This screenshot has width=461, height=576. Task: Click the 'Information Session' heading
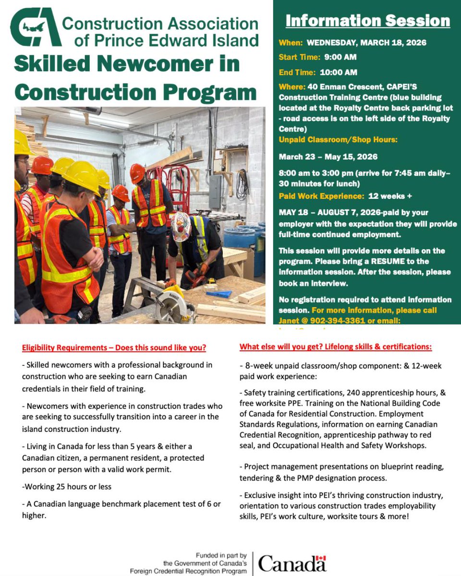(367, 21)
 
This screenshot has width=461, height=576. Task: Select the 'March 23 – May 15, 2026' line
(328, 157)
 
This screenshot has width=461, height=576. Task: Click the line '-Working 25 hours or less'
(66, 486)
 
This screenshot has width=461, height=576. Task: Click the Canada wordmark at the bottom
(292, 563)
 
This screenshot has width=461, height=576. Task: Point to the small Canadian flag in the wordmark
(321, 558)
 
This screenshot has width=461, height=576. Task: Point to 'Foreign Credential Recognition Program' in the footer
(188, 571)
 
